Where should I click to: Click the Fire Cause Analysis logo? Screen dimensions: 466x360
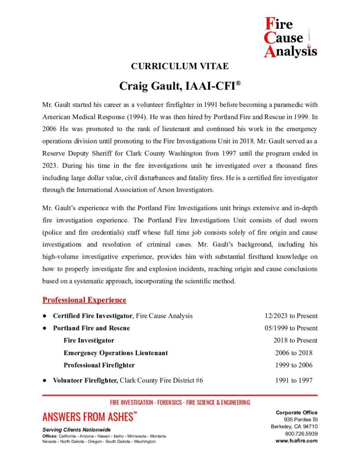click(x=290, y=37)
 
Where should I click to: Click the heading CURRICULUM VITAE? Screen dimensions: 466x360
click(x=180, y=66)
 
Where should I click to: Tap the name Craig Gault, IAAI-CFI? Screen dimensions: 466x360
click(x=180, y=86)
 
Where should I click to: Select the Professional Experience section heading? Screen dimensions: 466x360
click(x=84, y=300)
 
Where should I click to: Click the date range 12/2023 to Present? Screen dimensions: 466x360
click(x=291, y=316)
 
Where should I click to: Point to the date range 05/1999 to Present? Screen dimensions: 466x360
click(x=291, y=328)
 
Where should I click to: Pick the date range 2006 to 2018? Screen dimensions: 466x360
click(x=294, y=353)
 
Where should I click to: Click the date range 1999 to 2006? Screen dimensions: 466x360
click(x=294, y=365)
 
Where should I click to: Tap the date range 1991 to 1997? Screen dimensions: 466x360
click(x=294, y=380)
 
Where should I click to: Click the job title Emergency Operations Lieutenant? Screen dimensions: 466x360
click(x=116, y=353)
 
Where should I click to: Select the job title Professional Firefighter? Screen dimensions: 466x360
click(x=99, y=365)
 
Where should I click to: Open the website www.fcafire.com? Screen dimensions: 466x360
click(x=296, y=441)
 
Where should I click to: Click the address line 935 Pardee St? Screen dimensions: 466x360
click(x=301, y=419)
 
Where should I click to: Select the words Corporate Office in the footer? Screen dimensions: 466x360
click(x=296, y=412)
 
